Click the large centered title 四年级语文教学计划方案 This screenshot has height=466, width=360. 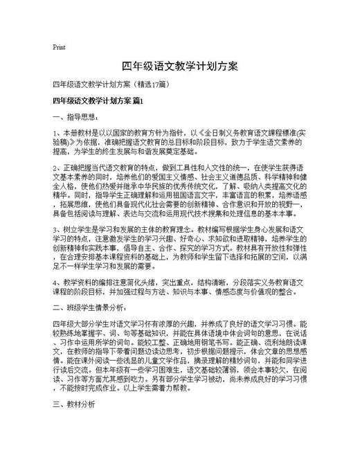pyautogui.click(x=180, y=66)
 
